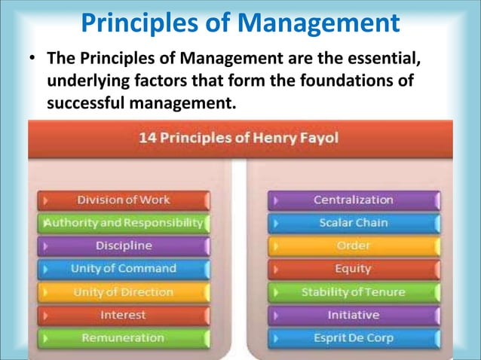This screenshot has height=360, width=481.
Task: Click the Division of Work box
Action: (x=124, y=200)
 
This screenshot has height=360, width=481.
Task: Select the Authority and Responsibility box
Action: (x=124, y=223)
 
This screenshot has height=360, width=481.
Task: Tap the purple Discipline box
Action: (x=124, y=246)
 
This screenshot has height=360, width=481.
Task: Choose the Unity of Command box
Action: (x=124, y=269)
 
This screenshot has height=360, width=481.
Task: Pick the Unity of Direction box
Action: (x=124, y=292)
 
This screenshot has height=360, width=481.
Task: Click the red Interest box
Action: (x=124, y=315)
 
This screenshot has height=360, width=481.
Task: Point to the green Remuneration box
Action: (x=124, y=338)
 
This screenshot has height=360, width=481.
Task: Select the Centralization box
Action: (x=354, y=200)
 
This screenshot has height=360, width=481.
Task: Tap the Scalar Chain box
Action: (x=354, y=223)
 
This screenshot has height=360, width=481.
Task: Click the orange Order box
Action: (x=354, y=246)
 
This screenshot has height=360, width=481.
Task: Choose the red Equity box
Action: (x=354, y=269)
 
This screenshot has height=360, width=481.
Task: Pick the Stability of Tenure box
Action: (x=354, y=292)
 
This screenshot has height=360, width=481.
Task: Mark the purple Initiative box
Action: (x=354, y=315)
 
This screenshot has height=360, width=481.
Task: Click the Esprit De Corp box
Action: (x=354, y=338)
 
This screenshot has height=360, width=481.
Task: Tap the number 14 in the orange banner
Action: (x=148, y=139)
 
